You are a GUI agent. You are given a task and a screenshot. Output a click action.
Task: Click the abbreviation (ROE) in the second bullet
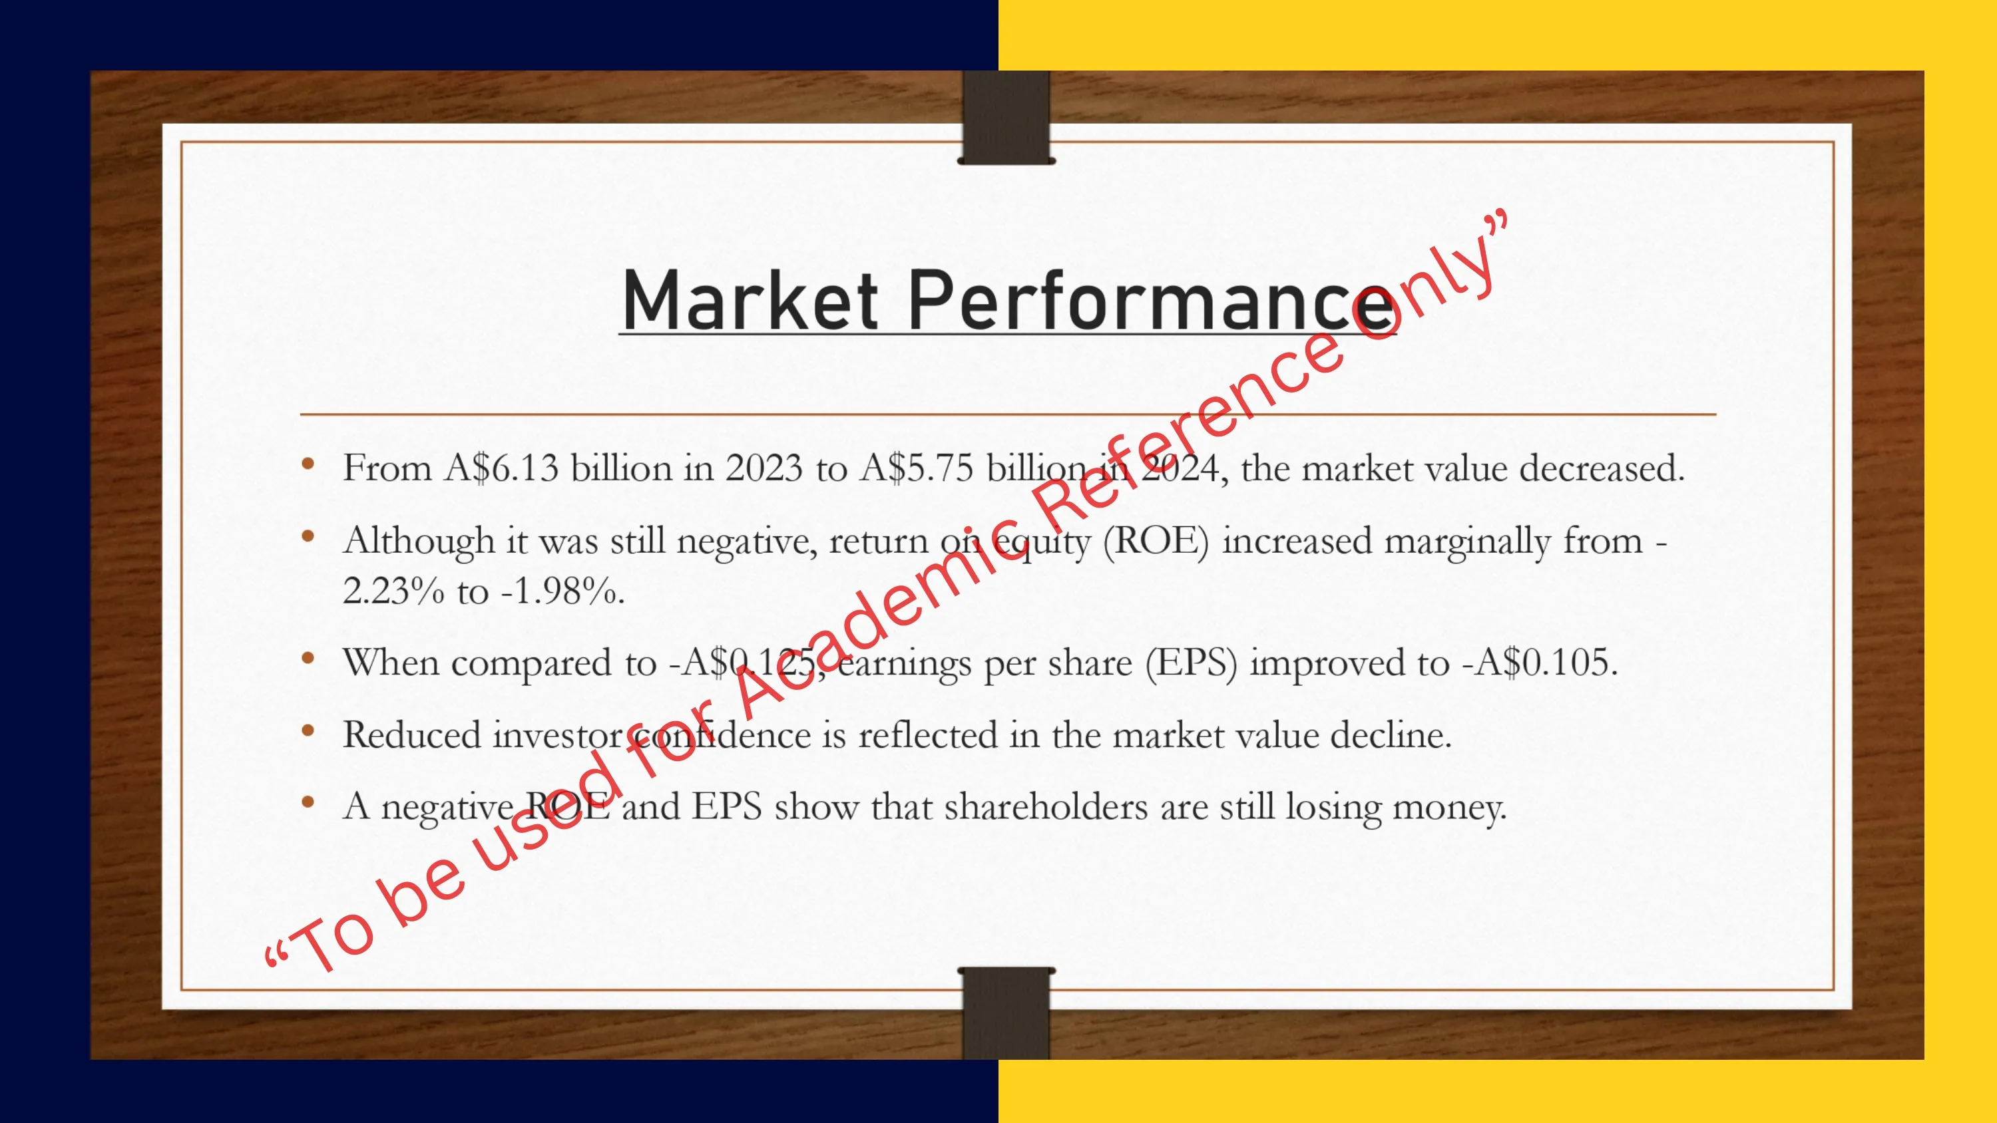[x=1156, y=541]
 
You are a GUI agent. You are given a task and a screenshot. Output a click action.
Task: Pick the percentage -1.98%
[x=562, y=591]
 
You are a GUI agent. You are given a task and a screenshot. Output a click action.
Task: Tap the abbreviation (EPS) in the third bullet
[x=1192, y=663]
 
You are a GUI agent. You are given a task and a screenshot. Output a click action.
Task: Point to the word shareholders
[x=1046, y=806]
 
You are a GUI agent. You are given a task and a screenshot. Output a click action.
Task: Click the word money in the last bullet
[x=1450, y=808]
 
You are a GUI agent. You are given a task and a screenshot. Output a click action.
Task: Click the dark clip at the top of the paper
[x=1006, y=118]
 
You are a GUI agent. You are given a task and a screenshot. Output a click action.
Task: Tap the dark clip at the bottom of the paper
[x=1006, y=1012]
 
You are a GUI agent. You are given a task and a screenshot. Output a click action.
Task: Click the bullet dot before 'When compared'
[x=308, y=659]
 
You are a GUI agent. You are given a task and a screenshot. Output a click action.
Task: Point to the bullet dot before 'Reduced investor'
[x=308, y=730]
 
